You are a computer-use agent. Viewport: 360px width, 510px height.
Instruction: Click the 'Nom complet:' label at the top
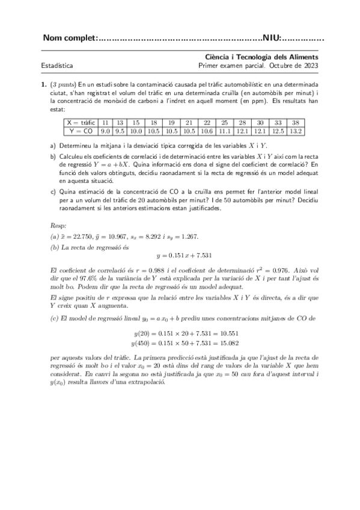(70, 40)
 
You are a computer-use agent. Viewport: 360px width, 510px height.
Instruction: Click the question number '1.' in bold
(44, 85)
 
